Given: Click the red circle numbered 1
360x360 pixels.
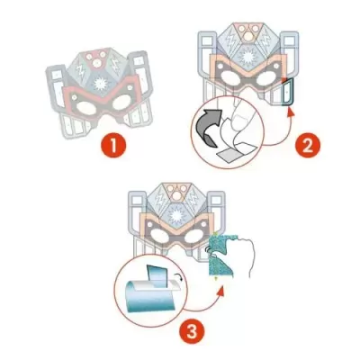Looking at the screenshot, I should [x=112, y=143].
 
